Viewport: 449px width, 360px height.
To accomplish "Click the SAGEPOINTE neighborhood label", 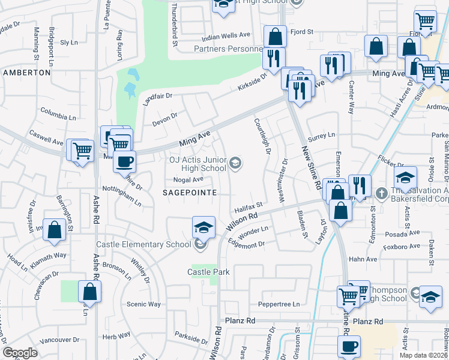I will point(188,191).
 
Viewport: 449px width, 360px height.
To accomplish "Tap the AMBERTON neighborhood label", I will point(26,72).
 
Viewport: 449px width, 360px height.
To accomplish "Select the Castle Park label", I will point(208,272).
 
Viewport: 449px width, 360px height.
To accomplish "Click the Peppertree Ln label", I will point(279,304).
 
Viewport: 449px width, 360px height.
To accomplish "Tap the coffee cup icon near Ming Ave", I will point(124,161).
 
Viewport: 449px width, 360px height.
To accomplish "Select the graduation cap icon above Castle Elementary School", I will point(203,227).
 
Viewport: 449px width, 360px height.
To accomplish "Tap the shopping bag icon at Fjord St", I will point(275,37).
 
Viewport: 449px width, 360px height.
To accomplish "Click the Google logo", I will point(19,353).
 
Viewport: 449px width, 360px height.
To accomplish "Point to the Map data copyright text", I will point(423,355).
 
